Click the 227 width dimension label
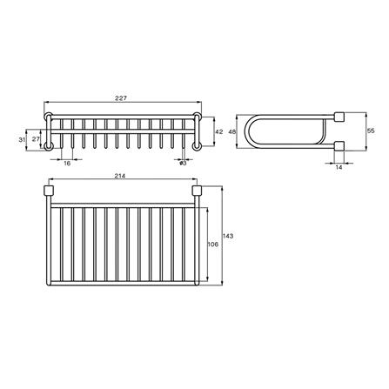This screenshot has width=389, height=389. pos(124,97)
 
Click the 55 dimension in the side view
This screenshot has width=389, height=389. pos(372,130)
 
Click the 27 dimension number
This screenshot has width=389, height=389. pos(36,137)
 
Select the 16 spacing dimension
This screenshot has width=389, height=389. pos(67,163)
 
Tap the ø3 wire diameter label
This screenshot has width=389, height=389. pos(184,163)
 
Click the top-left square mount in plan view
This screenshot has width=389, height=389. pos(50,191)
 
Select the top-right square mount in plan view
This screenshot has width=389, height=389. pos(198,191)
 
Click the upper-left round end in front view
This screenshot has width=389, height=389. pos(50,118)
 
